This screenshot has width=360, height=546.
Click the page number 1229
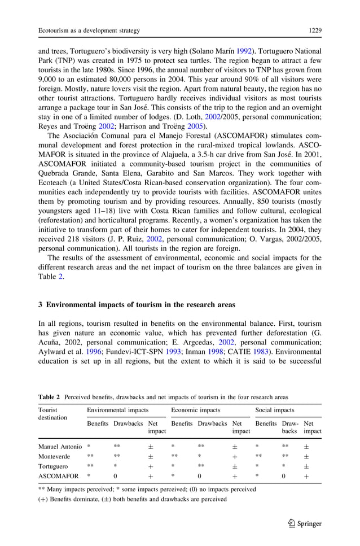tap(314, 29)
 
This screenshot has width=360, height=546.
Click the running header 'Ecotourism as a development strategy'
tap(89, 29)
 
